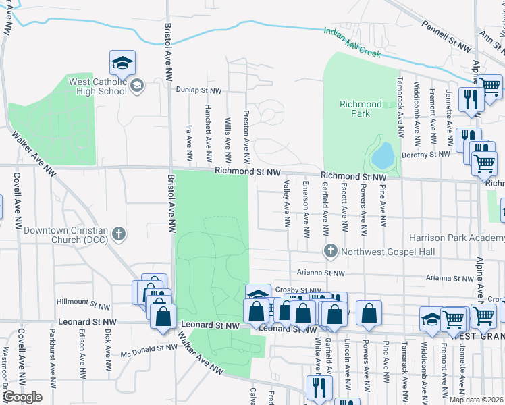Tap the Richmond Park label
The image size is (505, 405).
coord(361,109)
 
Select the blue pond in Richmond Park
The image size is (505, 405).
coord(383,156)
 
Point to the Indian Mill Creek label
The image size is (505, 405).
coord(352,42)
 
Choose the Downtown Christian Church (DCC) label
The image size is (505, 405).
coord(65,235)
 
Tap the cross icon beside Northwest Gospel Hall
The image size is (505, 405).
coord(331,252)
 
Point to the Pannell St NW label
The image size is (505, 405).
coord(446,37)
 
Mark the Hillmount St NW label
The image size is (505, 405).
coord(83,306)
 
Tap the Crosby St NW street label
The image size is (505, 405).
coord(292,290)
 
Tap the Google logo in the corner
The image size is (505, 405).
coord(22,397)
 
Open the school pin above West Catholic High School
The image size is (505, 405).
coord(122,63)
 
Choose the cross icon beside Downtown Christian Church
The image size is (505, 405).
coord(119,235)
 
